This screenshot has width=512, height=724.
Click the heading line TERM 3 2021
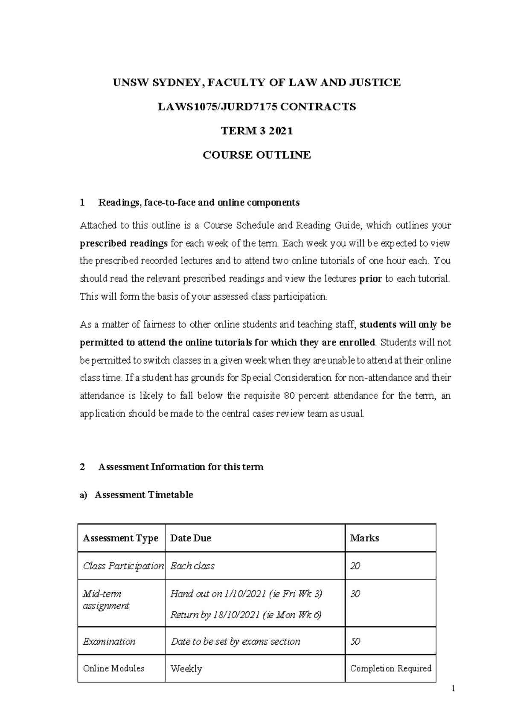click(x=256, y=131)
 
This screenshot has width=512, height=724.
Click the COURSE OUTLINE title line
click(x=256, y=155)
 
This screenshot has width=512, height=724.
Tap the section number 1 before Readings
click(x=82, y=203)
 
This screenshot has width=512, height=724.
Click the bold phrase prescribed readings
click(x=124, y=243)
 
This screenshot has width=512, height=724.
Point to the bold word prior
click(x=370, y=279)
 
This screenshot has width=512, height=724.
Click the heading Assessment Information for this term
click(x=180, y=467)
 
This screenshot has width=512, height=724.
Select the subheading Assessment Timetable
click(x=144, y=495)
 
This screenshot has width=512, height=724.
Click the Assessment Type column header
click(x=121, y=538)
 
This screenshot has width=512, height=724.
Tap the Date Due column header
click(x=190, y=538)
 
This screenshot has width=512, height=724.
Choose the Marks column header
click(x=364, y=538)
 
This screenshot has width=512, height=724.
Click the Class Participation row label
click(x=123, y=566)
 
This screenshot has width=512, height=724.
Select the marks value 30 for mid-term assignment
click(x=355, y=594)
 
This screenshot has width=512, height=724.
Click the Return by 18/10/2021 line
click(x=246, y=615)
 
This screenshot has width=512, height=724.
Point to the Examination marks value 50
click(x=355, y=641)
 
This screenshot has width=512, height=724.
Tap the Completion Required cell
click(x=390, y=668)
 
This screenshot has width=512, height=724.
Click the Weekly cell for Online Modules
click(x=186, y=669)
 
